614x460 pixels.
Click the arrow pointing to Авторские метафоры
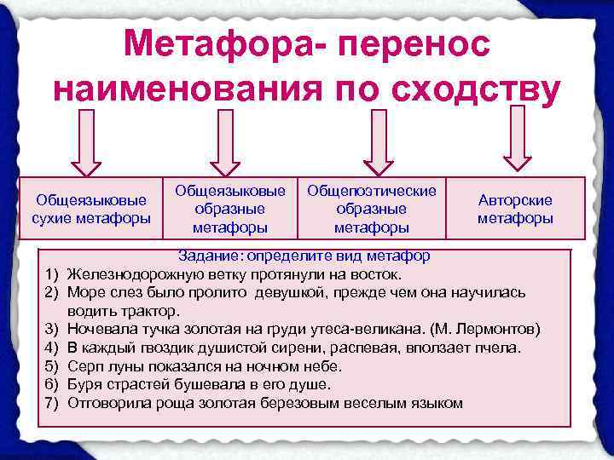(x=518, y=141)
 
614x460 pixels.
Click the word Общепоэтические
(x=371, y=190)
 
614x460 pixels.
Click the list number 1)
(x=50, y=274)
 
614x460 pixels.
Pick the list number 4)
(x=50, y=348)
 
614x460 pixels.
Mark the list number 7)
(x=50, y=402)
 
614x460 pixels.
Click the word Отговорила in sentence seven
(x=108, y=402)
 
